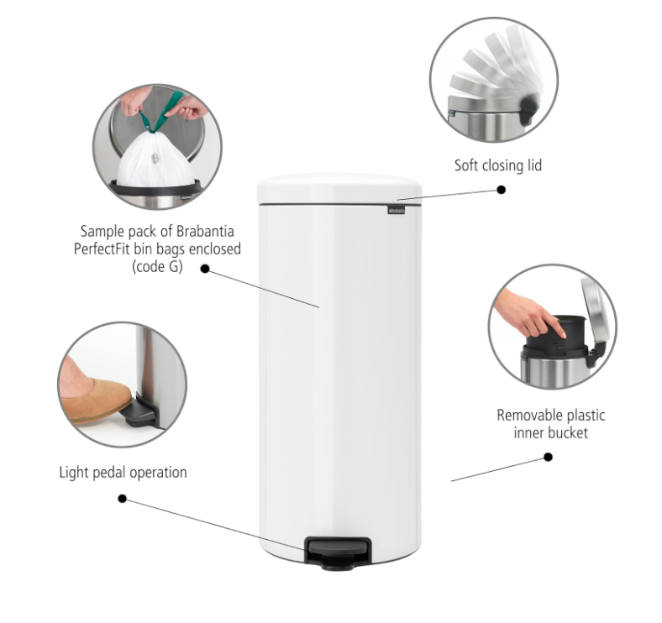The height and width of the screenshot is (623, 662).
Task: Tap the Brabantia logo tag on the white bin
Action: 396,210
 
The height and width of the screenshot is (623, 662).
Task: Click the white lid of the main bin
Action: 339,189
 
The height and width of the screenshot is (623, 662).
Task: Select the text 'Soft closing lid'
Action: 498,165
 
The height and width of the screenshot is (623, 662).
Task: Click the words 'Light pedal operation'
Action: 123,473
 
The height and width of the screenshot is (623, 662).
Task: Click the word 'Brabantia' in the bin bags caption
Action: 205,231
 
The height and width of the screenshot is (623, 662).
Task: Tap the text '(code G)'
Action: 157,267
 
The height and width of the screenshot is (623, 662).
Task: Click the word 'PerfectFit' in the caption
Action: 102,249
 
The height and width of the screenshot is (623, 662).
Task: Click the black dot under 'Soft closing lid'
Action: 502,190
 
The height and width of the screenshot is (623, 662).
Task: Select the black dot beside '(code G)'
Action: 205,269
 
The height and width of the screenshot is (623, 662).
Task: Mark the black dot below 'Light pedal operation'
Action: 122,499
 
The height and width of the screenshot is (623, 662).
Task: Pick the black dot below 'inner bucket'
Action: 548,457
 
